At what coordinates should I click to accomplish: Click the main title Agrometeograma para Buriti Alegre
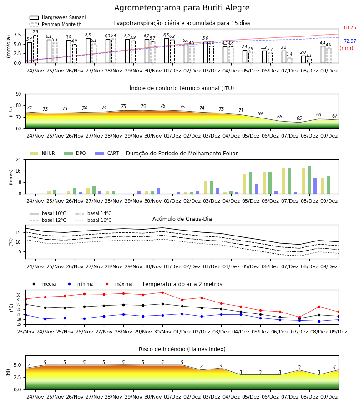182,8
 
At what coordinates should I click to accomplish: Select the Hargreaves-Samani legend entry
57,17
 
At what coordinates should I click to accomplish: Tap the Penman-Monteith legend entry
56,24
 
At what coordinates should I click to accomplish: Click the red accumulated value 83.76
350,27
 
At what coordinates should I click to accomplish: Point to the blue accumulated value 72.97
350,41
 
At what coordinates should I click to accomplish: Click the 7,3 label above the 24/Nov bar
35,32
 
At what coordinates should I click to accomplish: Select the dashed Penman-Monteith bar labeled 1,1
309,61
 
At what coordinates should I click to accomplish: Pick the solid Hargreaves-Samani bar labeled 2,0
303,59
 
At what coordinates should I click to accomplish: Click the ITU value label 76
163,106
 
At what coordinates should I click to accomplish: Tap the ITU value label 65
299,118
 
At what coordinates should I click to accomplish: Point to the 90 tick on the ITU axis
19,94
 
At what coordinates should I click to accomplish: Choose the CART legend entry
107,153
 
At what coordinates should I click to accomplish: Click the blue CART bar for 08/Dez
315,186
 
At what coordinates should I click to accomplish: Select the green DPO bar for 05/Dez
250,183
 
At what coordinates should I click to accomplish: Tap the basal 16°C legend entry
93,220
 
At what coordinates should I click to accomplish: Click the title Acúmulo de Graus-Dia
182,219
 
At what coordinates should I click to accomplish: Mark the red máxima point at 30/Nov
163,292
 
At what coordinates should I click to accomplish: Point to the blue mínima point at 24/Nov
45,319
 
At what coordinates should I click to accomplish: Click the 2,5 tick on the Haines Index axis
18,377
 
